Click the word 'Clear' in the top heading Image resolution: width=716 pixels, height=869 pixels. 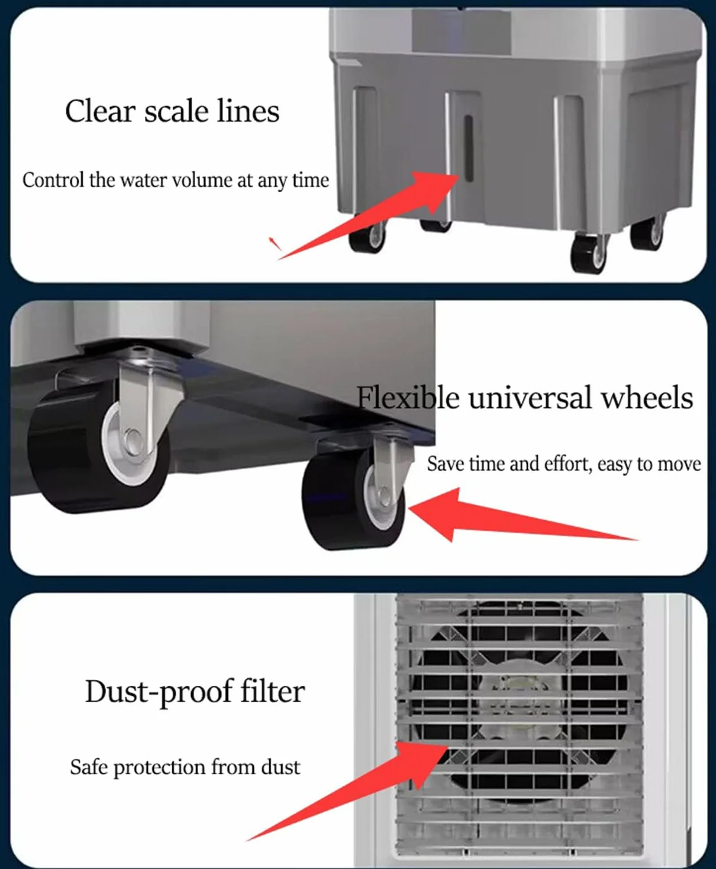(100, 111)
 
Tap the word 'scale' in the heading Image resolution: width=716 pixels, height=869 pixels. (176, 112)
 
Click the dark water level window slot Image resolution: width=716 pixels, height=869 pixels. (469, 149)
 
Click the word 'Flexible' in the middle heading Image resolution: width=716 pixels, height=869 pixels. (408, 398)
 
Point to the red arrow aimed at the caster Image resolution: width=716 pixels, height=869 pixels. (523, 515)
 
